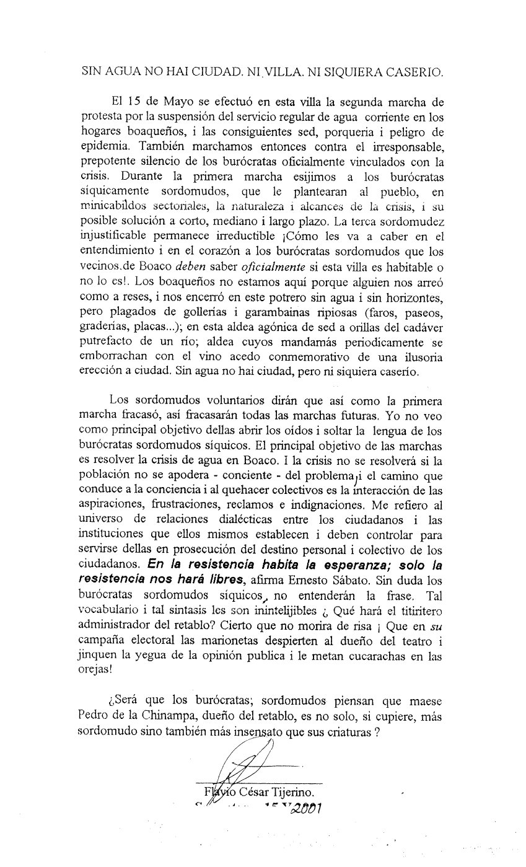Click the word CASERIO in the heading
click(413, 72)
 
